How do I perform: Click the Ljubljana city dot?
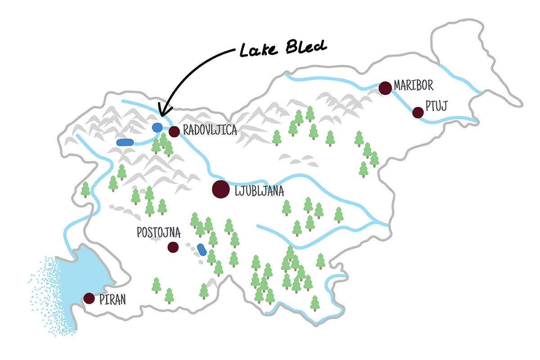point(220,189)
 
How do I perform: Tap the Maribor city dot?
point(385,88)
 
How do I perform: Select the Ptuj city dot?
point(418,112)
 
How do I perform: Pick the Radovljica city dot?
point(175,131)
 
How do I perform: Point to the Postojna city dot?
point(172,247)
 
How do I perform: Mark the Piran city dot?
point(89,298)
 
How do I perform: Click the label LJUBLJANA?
point(259,192)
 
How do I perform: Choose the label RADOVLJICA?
point(210,130)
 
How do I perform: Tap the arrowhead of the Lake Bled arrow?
point(161,112)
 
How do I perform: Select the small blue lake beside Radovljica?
point(157,127)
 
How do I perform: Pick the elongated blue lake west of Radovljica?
point(125,142)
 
